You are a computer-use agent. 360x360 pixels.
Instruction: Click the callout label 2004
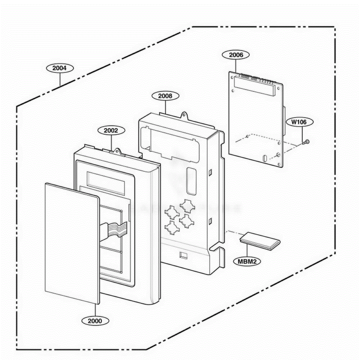point(60,68)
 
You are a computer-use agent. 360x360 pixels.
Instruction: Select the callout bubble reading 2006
point(236,55)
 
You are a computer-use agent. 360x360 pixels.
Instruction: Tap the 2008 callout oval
point(165,96)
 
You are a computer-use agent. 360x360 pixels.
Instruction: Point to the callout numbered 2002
point(111,130)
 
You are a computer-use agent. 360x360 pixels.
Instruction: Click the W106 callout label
point(299,122)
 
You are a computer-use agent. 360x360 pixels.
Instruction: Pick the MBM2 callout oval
point(247,262)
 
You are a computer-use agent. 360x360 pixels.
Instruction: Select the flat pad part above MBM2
point(260,241)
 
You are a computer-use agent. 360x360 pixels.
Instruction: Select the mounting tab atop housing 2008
point(184,115)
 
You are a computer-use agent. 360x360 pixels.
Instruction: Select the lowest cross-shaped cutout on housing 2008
point(172,228)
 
